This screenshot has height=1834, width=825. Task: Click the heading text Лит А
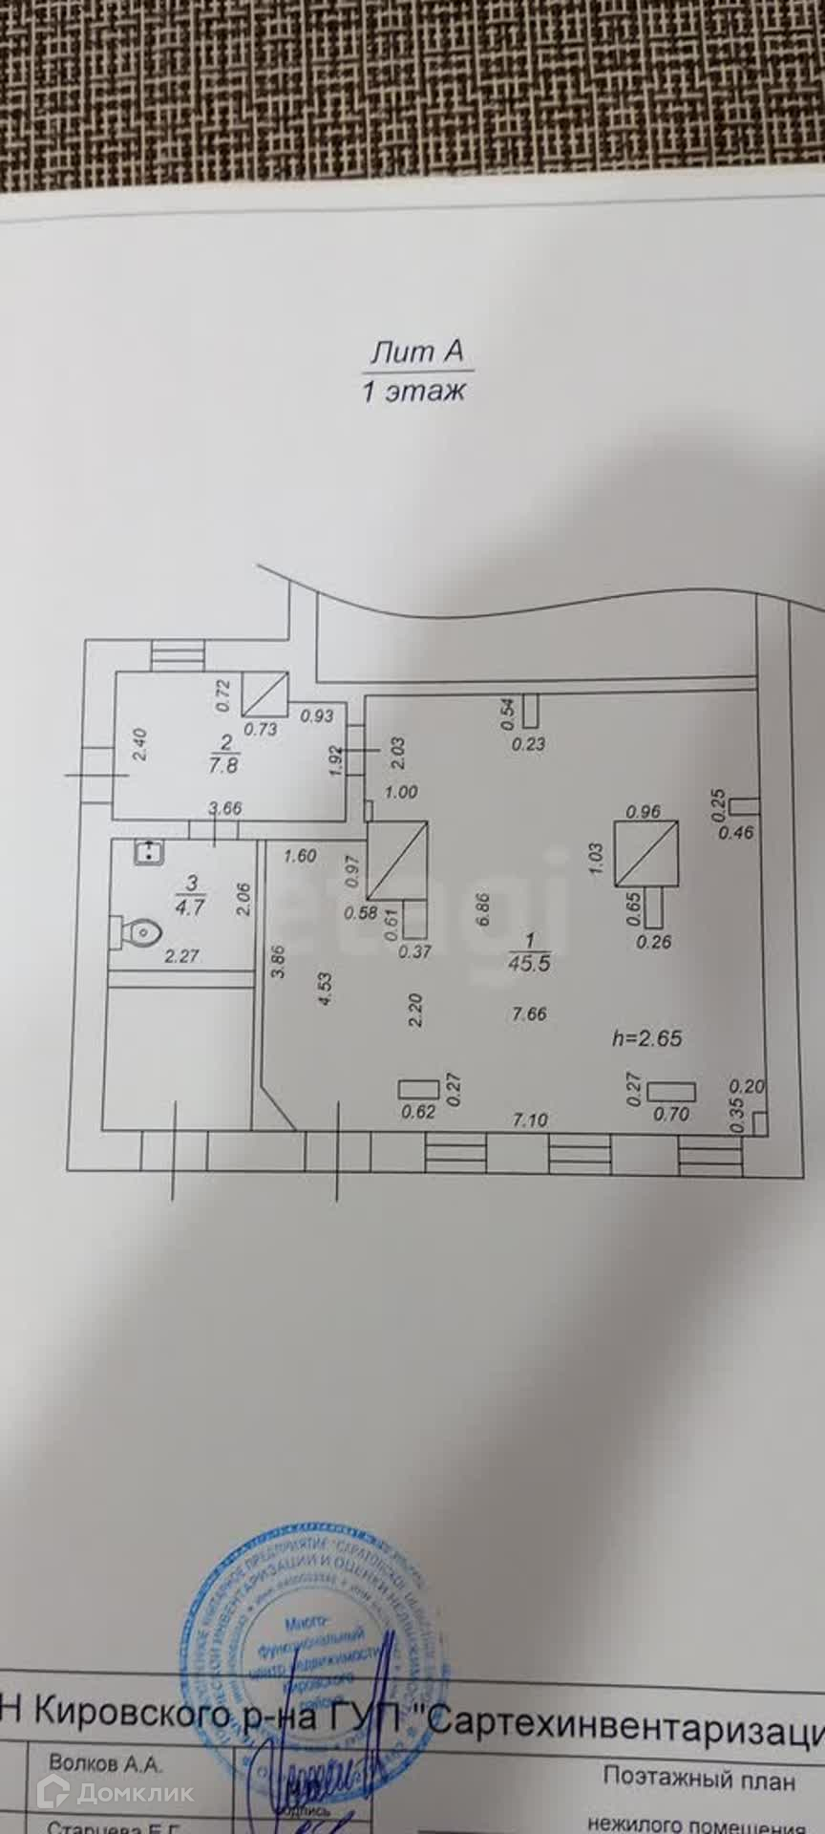(417, 352)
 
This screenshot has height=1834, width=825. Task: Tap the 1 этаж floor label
(413, 391)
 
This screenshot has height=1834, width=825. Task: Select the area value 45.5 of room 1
(530, 964)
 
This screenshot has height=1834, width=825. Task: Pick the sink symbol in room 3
(147, 851)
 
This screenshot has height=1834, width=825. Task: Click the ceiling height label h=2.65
(646, 1038)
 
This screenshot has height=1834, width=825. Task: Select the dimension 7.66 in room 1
(529, 1014)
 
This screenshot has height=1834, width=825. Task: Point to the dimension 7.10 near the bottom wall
(530, 1120)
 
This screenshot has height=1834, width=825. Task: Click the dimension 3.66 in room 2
(225, 808)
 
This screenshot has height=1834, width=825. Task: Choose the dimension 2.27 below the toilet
(181, 955)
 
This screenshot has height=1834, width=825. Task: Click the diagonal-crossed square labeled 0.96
(646, 852)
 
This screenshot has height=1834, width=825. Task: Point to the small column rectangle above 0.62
(417, 1088)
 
